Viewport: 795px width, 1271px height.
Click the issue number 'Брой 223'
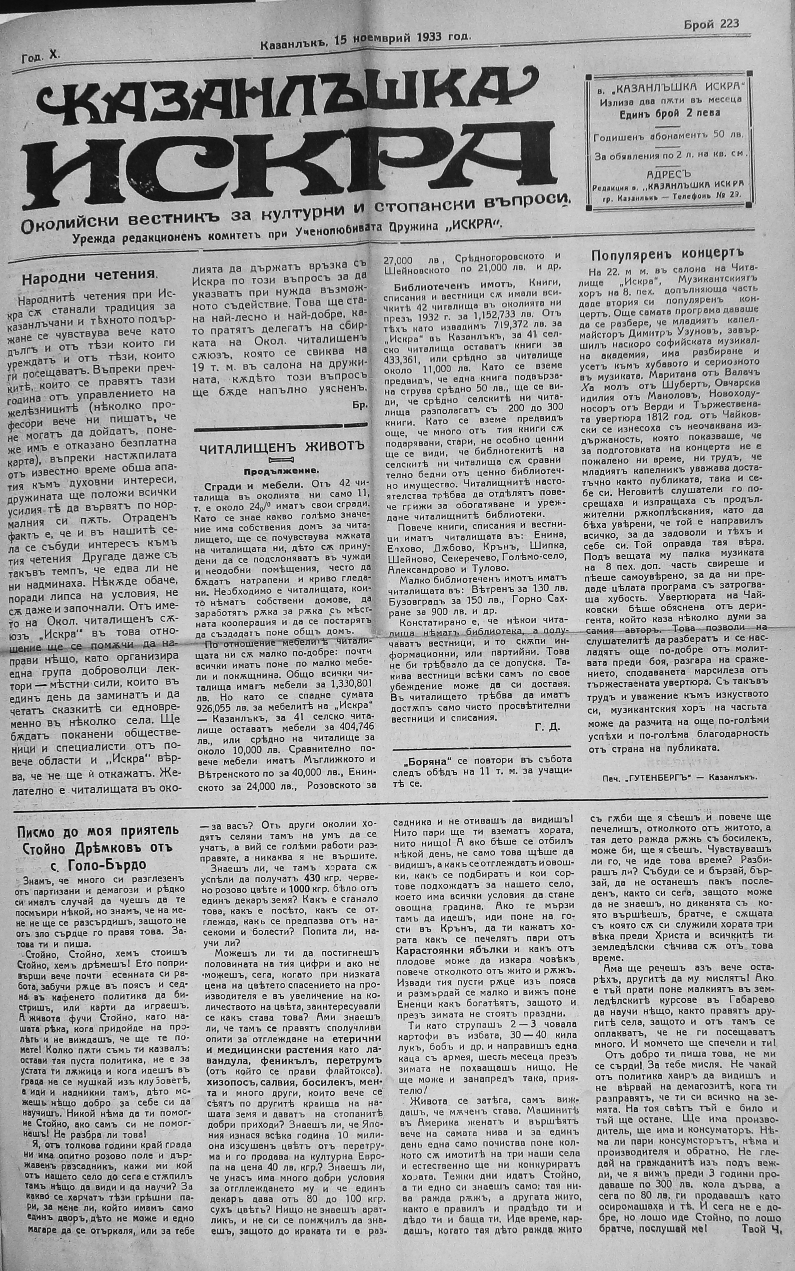pyautogui.click(x=712, y=24)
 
